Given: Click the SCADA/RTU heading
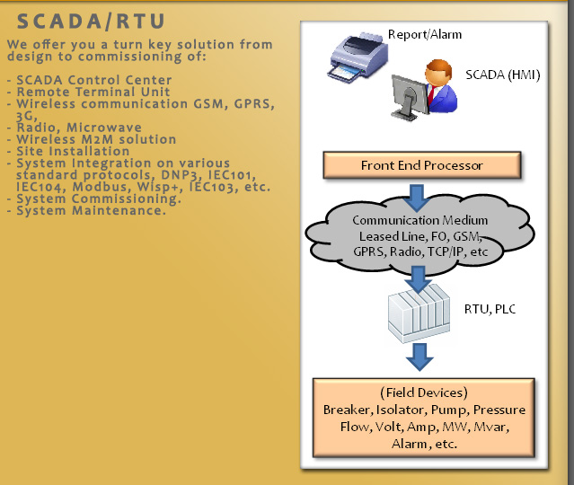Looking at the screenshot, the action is pyautogui.click(x=91, y=22).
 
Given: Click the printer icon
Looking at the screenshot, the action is pyautogui.click(x=358, y=57).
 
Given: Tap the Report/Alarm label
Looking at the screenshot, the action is pyautogui.click(x=425, y=34).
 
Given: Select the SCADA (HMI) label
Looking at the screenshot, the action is pyautogui.click(x=503, y=75).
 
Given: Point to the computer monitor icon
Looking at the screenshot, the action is pyautogui.click(x=410, y=98).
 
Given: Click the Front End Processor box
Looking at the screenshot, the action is pyautogui.click(x=421, y=165).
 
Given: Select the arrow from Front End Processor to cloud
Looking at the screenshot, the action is pyautogui.click(x=417, y=198).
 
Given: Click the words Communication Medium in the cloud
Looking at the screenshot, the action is pyautogui.click(x=419, y=220).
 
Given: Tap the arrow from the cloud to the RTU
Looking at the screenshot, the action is pyautogui.click(x=418, y=279).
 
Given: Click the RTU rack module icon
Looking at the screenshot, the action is pyautogui.click(x=419, y=313).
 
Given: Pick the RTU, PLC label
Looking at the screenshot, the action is pyautogui.click(x=490, y=309).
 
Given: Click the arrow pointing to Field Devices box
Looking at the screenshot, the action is pyautogui.click(x=419, y=357).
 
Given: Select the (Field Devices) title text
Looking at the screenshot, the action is pyautogui.click(x=424, y=392).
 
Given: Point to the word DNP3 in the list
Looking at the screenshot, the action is pyautogui.click(x=181, y=175).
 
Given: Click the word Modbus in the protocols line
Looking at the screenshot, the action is pyautogui.click(x=100, y=187).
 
